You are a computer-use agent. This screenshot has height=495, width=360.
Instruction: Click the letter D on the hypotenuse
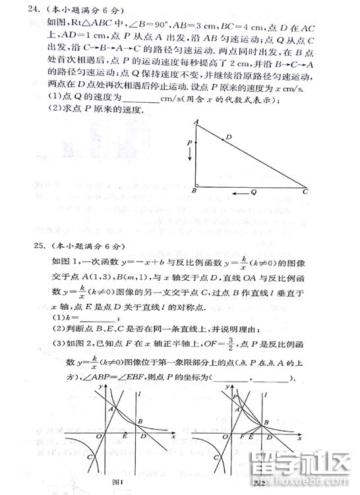[228, 138]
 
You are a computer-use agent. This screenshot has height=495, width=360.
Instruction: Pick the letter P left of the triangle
[189, 142]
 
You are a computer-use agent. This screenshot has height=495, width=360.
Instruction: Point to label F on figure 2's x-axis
[241, 436]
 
